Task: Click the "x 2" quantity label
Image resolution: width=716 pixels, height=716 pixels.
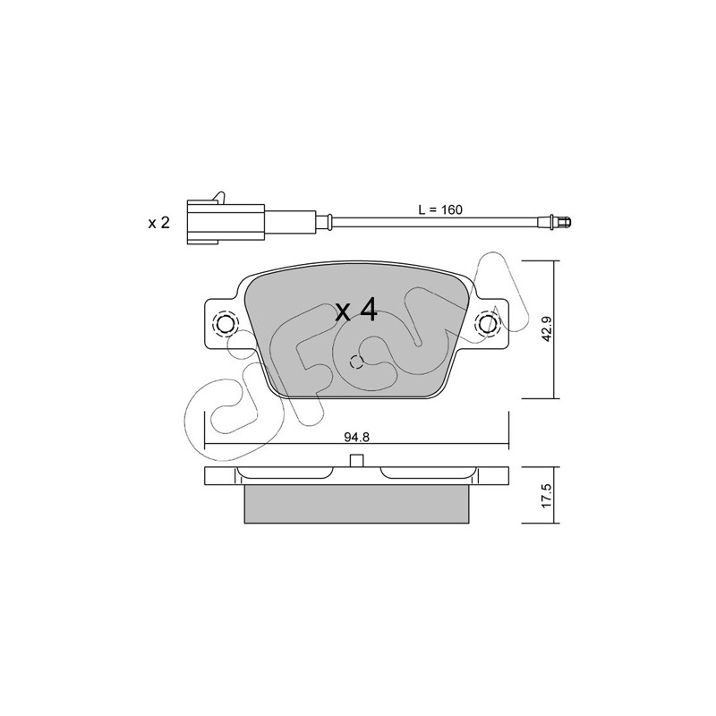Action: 159,223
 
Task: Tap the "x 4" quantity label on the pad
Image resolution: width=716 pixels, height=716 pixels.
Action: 356,310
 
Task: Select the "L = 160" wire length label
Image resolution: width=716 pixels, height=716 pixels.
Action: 440,209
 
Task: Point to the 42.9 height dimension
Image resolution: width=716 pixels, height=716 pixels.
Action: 547,328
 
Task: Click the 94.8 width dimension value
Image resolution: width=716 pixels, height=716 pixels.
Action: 356,437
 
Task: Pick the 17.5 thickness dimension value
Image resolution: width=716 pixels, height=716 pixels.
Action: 547,495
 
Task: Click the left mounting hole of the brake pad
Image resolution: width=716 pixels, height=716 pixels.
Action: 225,324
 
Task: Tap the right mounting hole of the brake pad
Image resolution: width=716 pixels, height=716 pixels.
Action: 488,324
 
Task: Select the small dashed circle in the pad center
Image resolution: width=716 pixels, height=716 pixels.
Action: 356,362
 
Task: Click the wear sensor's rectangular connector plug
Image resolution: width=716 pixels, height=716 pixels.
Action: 226,224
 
